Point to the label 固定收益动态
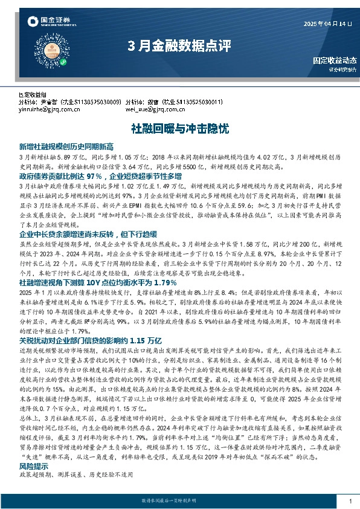tap(335, 61)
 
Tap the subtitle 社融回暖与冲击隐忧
tap(179, 129)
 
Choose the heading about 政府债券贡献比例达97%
tap(100, 176)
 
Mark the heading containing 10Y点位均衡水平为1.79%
tap(89, 265)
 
